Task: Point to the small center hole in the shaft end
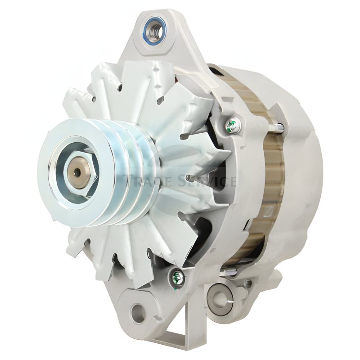click(77, 171)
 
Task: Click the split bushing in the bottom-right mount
click(220, 297)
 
